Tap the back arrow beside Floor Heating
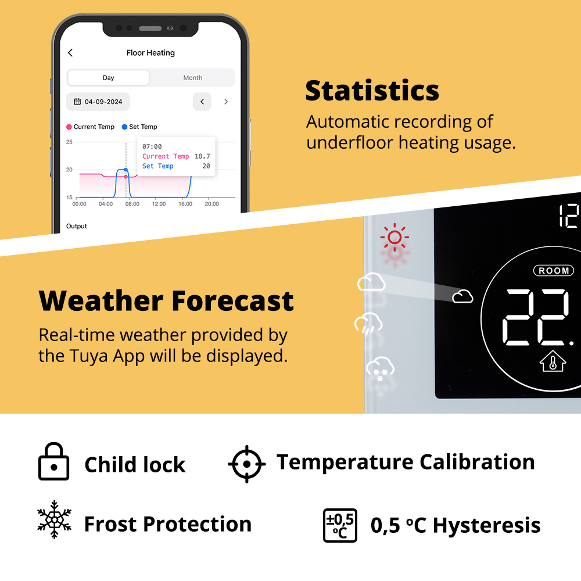click(70, 53)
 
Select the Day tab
click(108, 78)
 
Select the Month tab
click(193, 78)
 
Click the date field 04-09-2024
click(98, 102)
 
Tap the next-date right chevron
click(226, 102)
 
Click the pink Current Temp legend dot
click(69, 127)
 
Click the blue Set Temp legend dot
click(124, 127)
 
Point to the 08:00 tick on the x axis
click(132, 204)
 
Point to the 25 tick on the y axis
click(69, 142)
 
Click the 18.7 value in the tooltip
click(202, 156)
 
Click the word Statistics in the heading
click(372, 91)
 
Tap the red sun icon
click(394, 237)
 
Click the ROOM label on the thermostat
click(554, 271)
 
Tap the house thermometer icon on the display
click(553, 361)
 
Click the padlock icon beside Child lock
click(53, 461)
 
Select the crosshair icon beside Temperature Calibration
click(247, 464)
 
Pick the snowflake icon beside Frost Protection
click(55, 519)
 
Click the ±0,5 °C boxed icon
click(340, 525)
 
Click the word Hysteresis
click(486, 526)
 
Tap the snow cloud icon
click(380, 368)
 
